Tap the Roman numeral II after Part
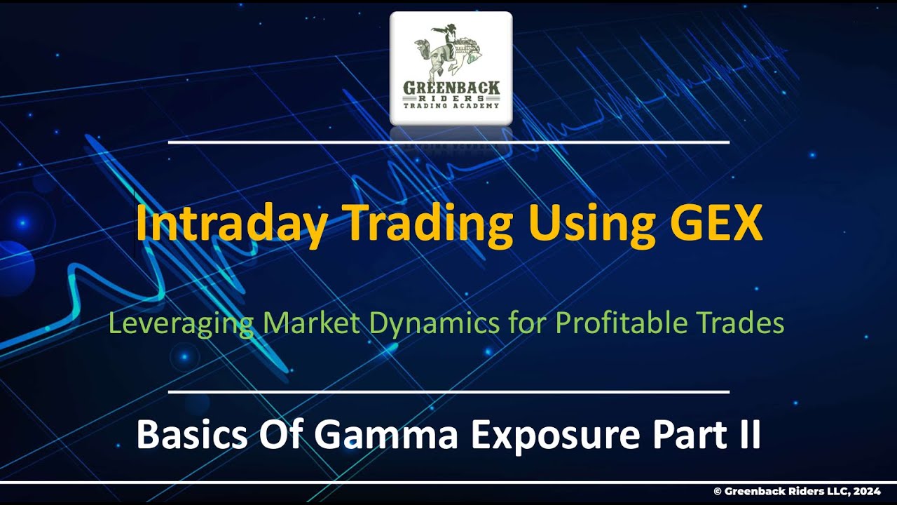[x=747, y=435]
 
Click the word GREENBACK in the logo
[x=451, y=88]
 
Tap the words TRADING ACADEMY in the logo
[x=451, y=105]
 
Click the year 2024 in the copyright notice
[x=868, y=492]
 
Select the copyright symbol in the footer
[x=717, y=492]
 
